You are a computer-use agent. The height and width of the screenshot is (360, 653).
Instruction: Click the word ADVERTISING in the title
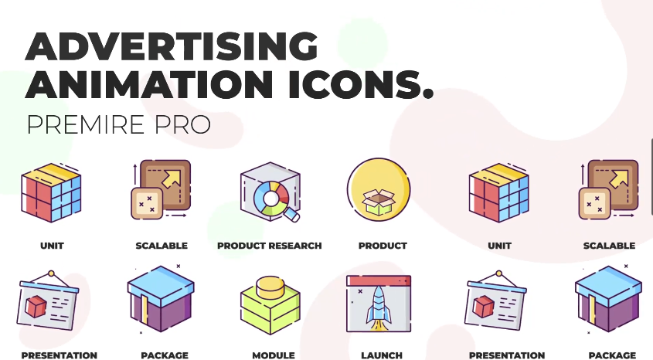click(172, 46)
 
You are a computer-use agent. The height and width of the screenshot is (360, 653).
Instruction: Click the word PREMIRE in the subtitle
click(86, 125)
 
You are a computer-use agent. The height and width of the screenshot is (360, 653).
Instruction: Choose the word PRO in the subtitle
click(182, 125)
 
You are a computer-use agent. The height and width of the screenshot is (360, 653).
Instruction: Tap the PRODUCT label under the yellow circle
click(383, 246)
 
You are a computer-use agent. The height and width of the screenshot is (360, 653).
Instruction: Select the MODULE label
click(274, 355)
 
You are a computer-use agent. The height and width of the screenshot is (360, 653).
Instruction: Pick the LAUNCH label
click(382, 355)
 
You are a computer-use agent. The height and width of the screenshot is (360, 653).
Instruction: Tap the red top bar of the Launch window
click(379, 281)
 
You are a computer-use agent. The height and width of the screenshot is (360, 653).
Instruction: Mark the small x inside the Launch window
click(360, 291)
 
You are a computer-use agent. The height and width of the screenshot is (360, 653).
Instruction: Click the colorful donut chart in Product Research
click(271, 198)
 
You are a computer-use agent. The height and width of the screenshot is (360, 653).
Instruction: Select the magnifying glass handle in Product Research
click(292, 216)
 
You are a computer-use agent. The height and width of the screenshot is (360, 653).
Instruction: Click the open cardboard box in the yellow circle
click(379, 202)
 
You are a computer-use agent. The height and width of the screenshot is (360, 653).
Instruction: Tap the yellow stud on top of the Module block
click(270, 287)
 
